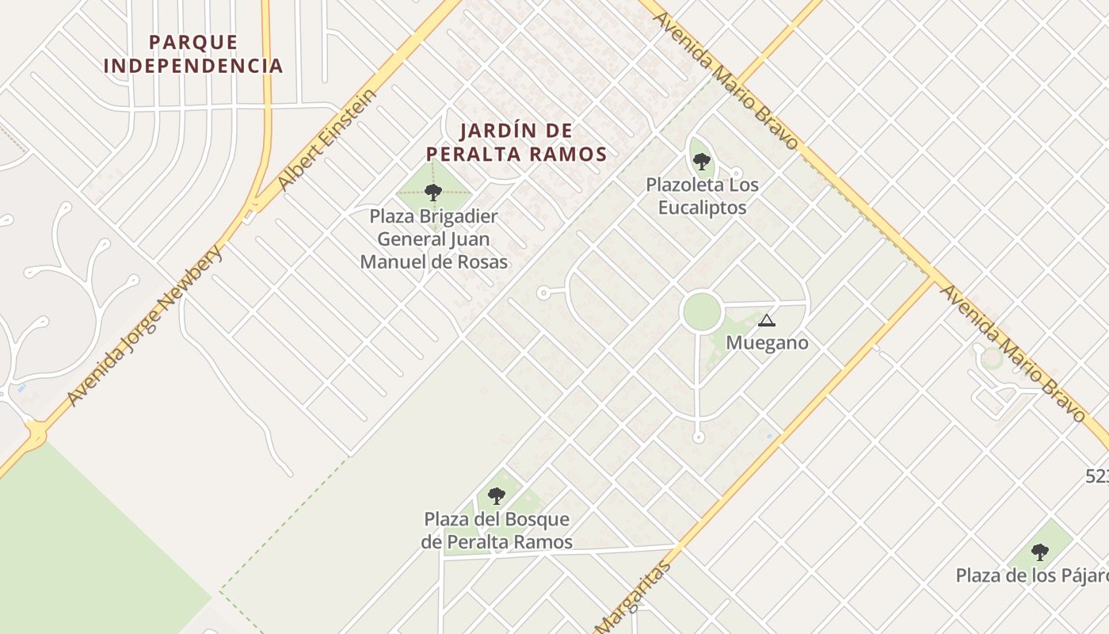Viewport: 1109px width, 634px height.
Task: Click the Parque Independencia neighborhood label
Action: point(193,54)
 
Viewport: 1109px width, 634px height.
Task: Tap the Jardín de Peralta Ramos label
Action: point(516,143)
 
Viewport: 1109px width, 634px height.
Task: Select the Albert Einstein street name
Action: point(327,140)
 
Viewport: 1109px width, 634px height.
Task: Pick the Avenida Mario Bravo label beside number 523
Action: point(1012,353)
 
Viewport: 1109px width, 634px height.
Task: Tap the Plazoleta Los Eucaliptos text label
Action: point(702,197)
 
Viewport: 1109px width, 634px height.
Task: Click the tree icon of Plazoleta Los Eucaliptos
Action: point(701,162)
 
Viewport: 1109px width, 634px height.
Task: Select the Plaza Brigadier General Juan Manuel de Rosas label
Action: point(434,239)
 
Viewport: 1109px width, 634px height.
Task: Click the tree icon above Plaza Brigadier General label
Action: point(433,192)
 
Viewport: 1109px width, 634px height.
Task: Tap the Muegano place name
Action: point(767,343)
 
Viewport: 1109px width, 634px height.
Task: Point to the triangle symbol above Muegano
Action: point(765,321)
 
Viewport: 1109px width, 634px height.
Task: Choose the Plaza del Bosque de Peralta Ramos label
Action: point(497,531)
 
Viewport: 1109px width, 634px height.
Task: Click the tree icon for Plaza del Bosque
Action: point(497,497)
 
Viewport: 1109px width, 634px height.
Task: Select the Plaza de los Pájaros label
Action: point(1030,575)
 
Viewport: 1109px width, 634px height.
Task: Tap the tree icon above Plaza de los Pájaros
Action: point(1039,552)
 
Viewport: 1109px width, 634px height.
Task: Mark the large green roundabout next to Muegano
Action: point(701,311)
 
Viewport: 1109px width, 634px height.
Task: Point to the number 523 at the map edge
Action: point(1097,476)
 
